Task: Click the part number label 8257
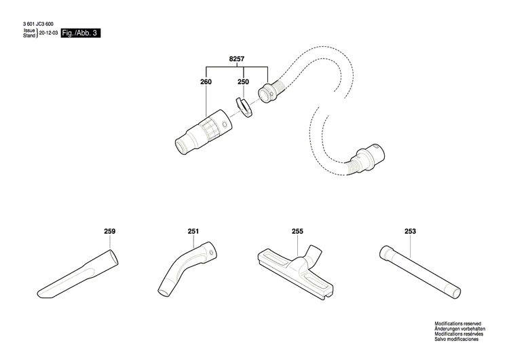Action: [237, 60]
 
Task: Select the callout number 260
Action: [206, 82]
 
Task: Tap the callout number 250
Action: [243, 82]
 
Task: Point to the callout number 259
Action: [110, 232]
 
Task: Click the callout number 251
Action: [193, 232]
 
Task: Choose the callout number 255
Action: [297, 232]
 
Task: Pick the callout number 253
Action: [410, 232]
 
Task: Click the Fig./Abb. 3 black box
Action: [80, 33]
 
